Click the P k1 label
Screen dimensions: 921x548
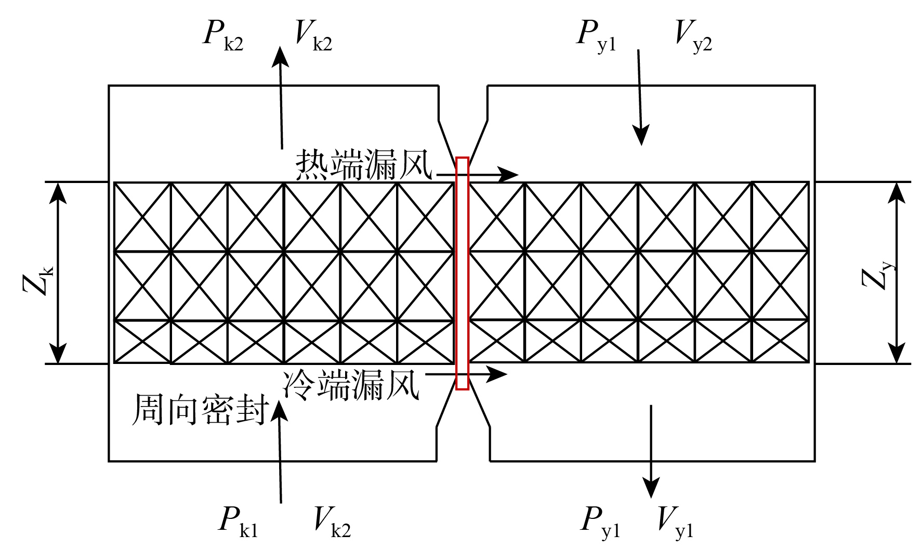(x=239, y=521)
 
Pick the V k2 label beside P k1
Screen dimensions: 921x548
(x=332, y=521)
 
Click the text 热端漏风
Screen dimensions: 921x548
(x=364, y=165)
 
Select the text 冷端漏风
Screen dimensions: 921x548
(x=351, y=385)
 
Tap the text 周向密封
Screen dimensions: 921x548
(x=201, y=410)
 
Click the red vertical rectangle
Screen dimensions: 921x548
(x=456, y=273)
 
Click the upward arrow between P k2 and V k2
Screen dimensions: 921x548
(x=281, y=98)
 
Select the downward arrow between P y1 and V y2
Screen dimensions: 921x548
(x=640, y=98)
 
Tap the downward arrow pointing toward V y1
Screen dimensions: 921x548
(x=651, y=451)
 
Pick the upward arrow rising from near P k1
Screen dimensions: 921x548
(x=280, y=451)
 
